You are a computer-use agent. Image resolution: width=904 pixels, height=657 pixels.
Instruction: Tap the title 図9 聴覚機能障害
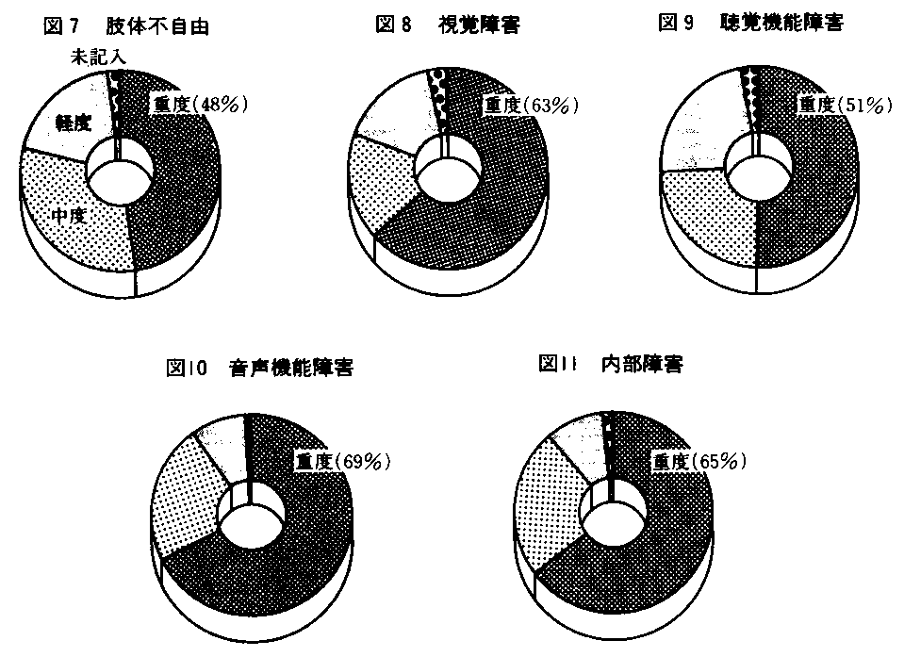pyautogui.click(x=750, y=24)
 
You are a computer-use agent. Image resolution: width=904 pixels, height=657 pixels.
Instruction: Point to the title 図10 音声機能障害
pyautogui.click(x=259, y=369)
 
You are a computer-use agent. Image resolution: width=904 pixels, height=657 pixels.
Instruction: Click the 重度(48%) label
pyautogui.click(x=198, y=105)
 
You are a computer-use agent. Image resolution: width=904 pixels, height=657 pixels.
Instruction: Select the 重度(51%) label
pyautogui.click(x=844, y=105)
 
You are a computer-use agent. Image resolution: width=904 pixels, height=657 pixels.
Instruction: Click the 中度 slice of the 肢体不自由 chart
pyautogui.click(x=75, y=236)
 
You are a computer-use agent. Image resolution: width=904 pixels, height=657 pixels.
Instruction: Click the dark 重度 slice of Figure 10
pyautogui.click(x=283, y=575)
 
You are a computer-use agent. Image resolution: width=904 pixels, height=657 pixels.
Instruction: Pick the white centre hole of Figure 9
pyautogui.click(x=760, y=172)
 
